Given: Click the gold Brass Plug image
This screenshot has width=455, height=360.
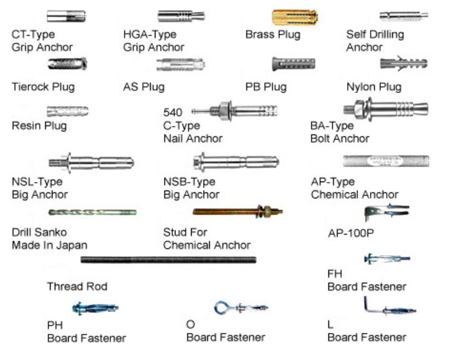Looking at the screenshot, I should tap(295, 17).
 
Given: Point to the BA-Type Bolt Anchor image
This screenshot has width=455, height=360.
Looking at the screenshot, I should tap(386, 110).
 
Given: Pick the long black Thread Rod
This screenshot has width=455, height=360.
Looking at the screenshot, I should tap(168, 260).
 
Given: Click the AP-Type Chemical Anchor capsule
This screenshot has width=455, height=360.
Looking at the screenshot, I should tap(386, 162).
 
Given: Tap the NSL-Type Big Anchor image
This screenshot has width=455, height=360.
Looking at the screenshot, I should tap(91, 162).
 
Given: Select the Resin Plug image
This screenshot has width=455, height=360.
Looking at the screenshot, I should tap(67, 111).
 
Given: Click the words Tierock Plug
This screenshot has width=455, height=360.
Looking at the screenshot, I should tap(43, 87).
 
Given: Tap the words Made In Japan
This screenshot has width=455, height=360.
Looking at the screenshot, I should tap(49, 245).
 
